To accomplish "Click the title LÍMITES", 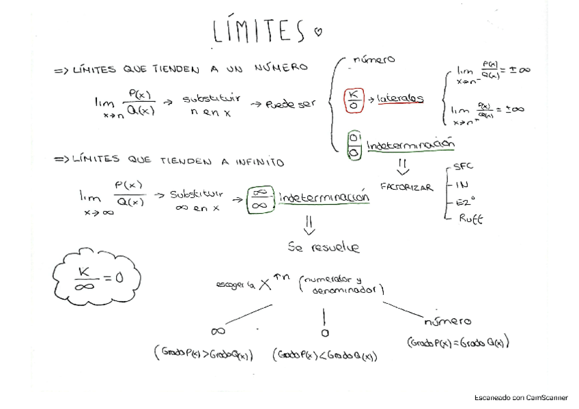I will click(x=257, y=31).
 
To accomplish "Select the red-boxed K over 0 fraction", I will click(x=352, y=98).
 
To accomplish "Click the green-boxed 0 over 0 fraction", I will click(x=354, y=145).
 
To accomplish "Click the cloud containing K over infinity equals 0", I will click(x=97, y=275).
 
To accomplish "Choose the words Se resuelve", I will click(x=324, y=249).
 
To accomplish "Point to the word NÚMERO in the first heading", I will click(x=281, y=68).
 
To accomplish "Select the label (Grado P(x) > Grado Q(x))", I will click(x=203, y=354).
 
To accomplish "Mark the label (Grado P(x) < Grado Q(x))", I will click(x=325, y=355).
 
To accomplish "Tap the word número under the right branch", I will click(x=448, y=321).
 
